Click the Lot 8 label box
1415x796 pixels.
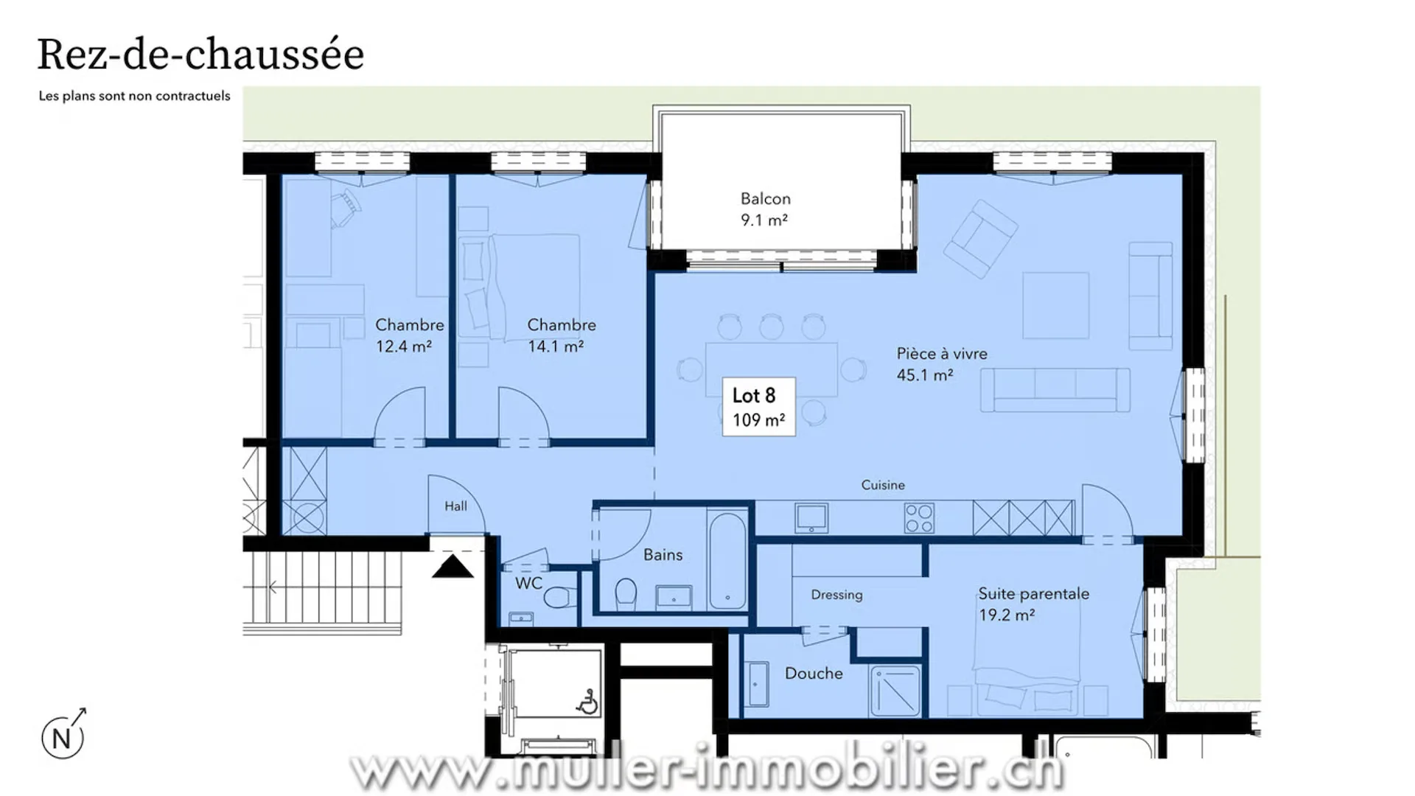758,407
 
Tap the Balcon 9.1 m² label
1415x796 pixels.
765,209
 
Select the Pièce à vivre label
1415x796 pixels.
942,364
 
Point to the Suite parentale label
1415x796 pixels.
1033,604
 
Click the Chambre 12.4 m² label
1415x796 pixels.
410,335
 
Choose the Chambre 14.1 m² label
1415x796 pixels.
562,335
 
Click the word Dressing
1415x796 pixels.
836,595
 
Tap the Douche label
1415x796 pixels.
814,673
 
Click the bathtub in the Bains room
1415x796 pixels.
727,561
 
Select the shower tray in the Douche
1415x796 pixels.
895,691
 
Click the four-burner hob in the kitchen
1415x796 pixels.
919,517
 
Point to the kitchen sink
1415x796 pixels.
811,517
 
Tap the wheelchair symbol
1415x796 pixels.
587,702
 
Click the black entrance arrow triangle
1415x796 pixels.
453,567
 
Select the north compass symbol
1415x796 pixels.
63,735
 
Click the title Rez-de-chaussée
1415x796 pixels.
200,55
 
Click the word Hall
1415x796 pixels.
455,506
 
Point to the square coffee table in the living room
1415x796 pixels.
1055,305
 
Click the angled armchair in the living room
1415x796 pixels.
981,238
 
